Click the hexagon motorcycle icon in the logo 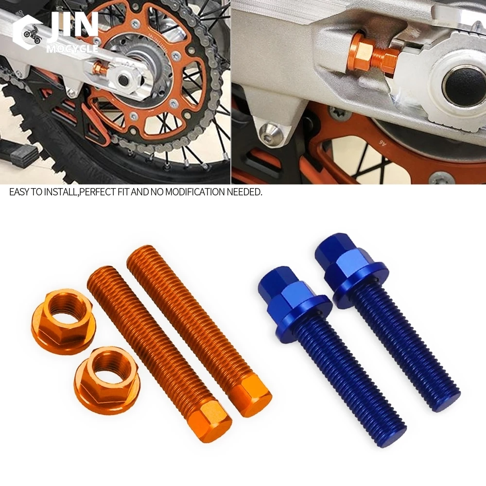30,33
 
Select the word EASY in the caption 19,192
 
